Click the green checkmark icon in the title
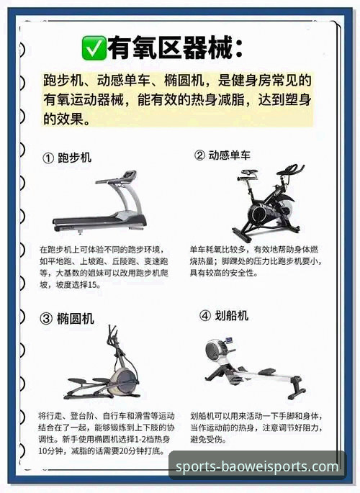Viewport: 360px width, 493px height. (x=94, y=48)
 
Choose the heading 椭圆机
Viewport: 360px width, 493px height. (x=76, y=318)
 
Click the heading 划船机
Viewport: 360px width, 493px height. (x=233, y=315)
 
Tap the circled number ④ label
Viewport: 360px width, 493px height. (x=204, y=315)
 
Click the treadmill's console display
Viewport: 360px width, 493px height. (x=127, y=176)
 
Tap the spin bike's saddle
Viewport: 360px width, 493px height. (x=249, y=173)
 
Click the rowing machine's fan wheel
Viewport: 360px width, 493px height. (x=213, y=350)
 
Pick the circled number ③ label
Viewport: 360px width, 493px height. (x=46, y=318)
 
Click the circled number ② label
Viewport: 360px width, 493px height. (x=200, y=155)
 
